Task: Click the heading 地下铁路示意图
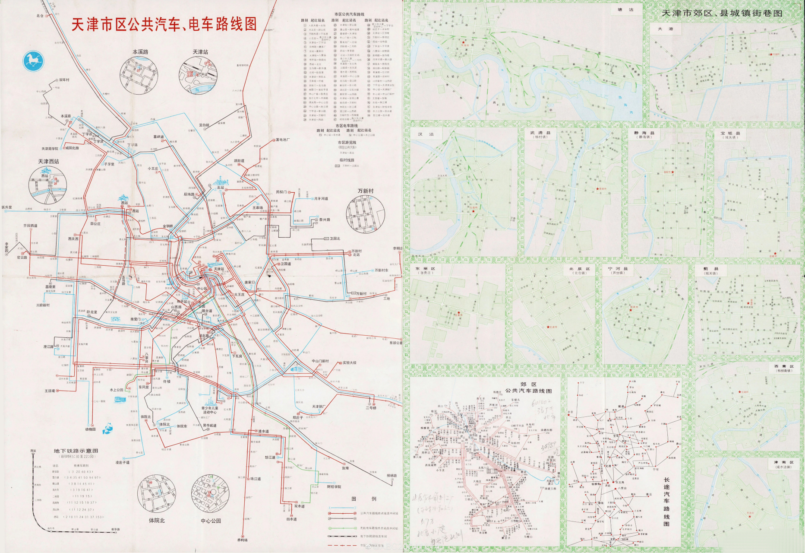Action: click(x=76, y=451)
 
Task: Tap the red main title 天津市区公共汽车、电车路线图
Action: click(x=164, y=24)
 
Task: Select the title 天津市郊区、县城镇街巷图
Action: click(x=722, y=13)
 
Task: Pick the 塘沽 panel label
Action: click(x=625, y=10)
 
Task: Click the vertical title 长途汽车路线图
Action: click(x=666, y=501)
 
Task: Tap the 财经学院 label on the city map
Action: click(x=334, y=486)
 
